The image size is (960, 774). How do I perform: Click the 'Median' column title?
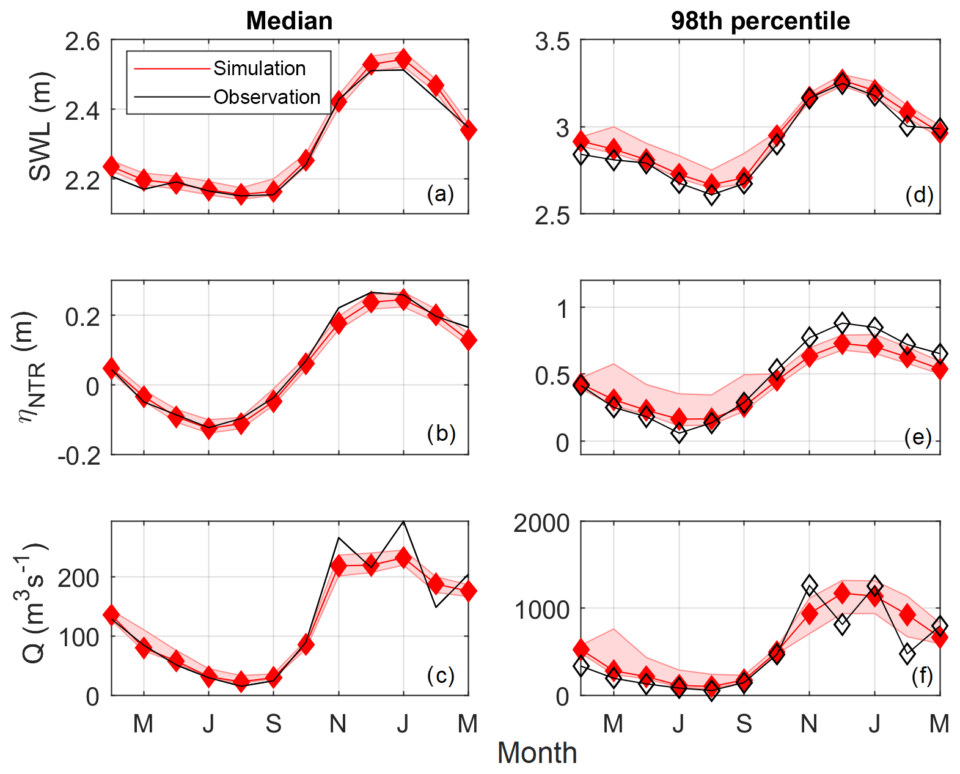289,21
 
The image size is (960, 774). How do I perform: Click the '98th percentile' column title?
760,21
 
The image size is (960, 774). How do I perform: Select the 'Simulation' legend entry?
259,68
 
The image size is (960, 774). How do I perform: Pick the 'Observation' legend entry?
266,97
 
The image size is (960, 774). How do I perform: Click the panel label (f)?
922,676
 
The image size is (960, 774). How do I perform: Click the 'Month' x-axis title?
537,753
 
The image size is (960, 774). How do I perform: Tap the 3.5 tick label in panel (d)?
552,43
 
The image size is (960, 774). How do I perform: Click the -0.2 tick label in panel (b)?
79,456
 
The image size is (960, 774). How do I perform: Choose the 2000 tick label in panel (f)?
541,524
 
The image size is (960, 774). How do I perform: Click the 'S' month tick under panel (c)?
273,724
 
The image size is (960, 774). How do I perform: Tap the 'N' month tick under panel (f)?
809,724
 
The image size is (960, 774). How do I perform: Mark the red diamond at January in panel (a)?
403,59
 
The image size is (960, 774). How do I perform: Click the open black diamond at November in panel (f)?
809,586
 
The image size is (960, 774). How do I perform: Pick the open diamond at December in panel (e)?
842,322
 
